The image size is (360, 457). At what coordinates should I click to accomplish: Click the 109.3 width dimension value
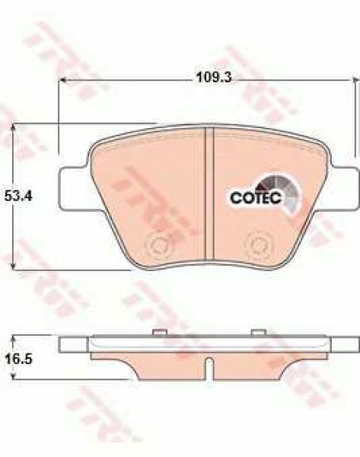tap(214, 78)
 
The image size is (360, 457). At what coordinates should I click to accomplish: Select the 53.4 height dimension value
tap(18, 197)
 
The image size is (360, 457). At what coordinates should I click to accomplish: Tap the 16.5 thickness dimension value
tap(18, 359)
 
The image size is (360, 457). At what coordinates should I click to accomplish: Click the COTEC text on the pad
tap(256, 198)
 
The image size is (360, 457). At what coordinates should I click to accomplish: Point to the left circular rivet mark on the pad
tap(159, 244)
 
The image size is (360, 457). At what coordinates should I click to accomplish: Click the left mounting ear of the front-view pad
tap(73, 188)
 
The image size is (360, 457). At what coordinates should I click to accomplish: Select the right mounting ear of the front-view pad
tap(344, 188)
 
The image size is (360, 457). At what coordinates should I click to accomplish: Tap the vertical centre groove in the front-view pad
tap(209, 193)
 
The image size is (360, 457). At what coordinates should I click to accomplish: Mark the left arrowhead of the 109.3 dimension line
tap(63, 79)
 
